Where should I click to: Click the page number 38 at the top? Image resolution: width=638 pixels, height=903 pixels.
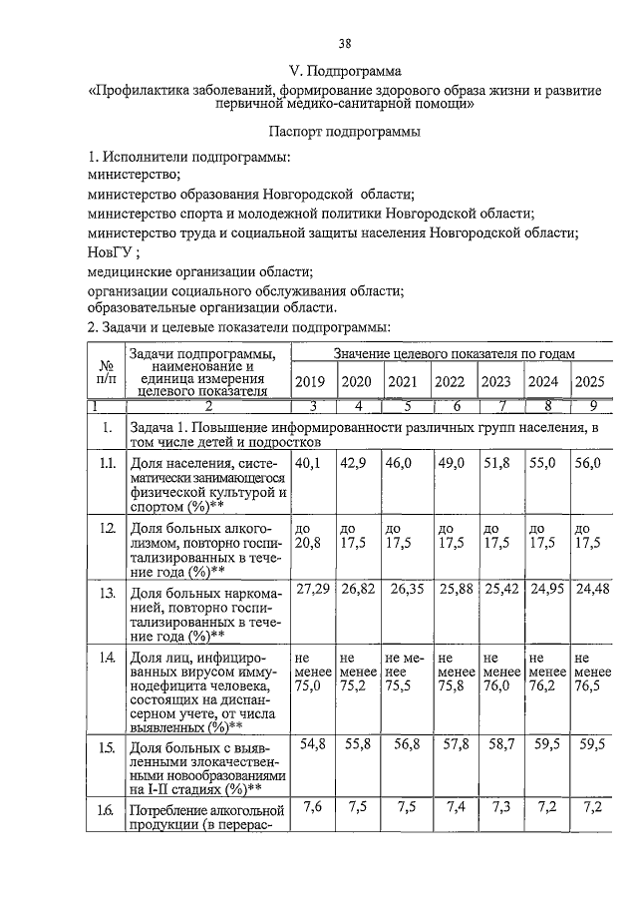[344, 43]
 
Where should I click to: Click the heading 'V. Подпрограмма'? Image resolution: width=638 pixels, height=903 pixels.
[344, 72]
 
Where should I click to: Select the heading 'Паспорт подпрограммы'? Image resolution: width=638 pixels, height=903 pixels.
[344, 131]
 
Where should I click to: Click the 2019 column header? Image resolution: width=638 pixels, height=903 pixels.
[310, 382]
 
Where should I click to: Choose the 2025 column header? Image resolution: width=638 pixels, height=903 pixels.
[589, 382]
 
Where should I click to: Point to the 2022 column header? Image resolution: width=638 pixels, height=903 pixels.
[450, 382]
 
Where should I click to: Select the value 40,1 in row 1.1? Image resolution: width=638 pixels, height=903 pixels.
[307, 463]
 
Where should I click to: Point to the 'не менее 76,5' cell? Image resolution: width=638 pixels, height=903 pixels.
[590, 673]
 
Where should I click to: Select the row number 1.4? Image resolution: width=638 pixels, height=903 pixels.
[106, 658]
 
